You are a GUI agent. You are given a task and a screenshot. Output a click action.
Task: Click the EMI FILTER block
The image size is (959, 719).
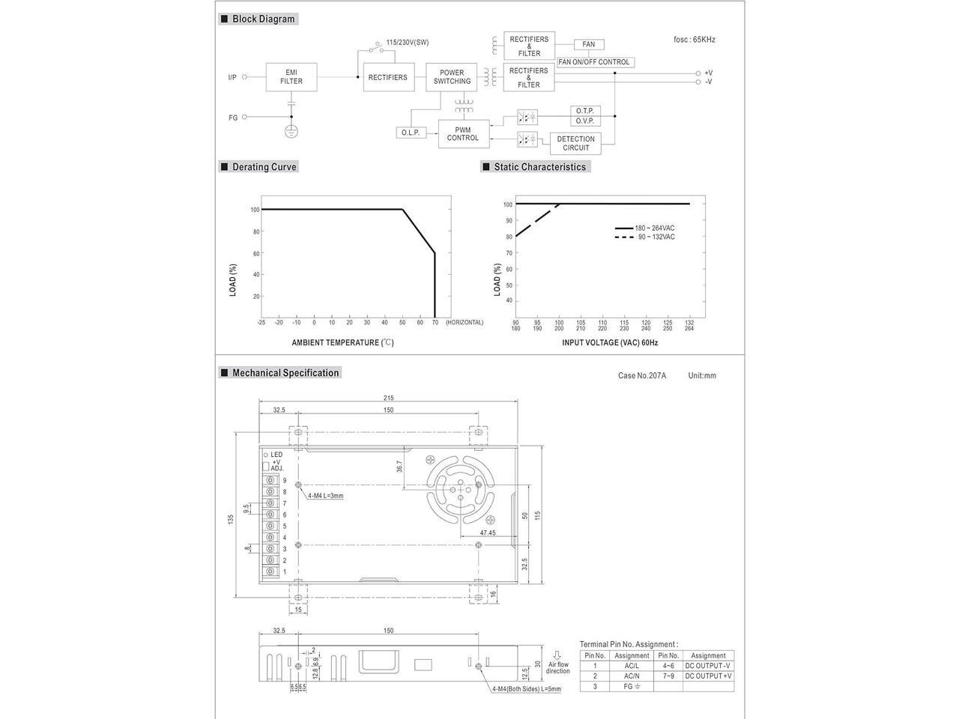coord(291,77)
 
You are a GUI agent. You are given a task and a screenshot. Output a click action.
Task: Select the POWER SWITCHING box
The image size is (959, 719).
coord(451,77)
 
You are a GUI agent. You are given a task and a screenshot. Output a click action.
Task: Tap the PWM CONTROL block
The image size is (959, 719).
coord(464,134)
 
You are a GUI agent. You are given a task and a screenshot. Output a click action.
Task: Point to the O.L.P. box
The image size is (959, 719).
coord(411,133)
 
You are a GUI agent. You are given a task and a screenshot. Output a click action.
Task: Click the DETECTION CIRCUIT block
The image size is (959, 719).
coord(575,143)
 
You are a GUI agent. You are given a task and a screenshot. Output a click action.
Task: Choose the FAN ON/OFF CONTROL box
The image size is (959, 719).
coord(596,62)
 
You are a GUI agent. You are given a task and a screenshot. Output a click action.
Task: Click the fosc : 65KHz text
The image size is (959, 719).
coord(695,40)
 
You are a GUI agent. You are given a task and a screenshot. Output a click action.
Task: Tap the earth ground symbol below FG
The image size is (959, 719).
coord(291,130)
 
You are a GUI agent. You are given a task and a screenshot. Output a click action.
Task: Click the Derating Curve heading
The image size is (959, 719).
coord(264,167)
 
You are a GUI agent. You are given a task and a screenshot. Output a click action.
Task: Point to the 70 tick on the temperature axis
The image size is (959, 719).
coord(435,323)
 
